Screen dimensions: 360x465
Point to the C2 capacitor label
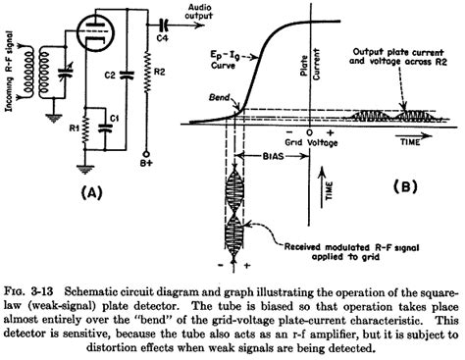(110, 76)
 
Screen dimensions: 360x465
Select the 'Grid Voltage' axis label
(309, 143)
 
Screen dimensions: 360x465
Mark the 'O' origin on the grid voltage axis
(309, 131)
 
